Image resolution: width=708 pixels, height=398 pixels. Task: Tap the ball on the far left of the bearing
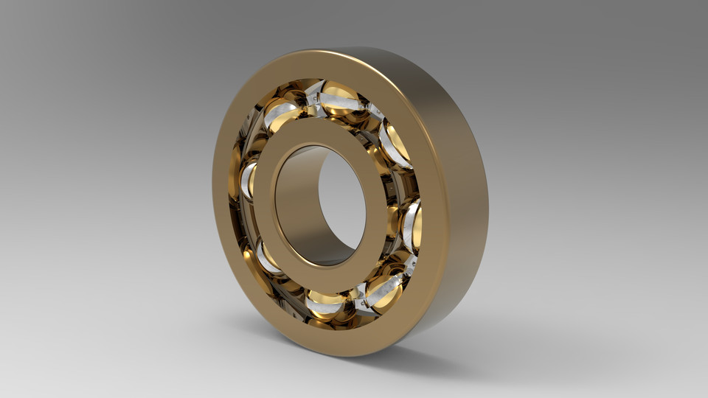pyautogui.click(x=248, y=180)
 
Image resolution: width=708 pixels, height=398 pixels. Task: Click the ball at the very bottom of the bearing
pyautogui.click(x=324, y=304)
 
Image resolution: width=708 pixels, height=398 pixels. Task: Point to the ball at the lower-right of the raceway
pyautogui.click(x=383, y=292)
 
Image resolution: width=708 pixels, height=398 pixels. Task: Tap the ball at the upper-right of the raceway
pyautogui.click(x=396, y=142)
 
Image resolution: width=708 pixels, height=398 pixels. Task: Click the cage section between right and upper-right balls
pyautogui.click(x=410, y=181)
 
